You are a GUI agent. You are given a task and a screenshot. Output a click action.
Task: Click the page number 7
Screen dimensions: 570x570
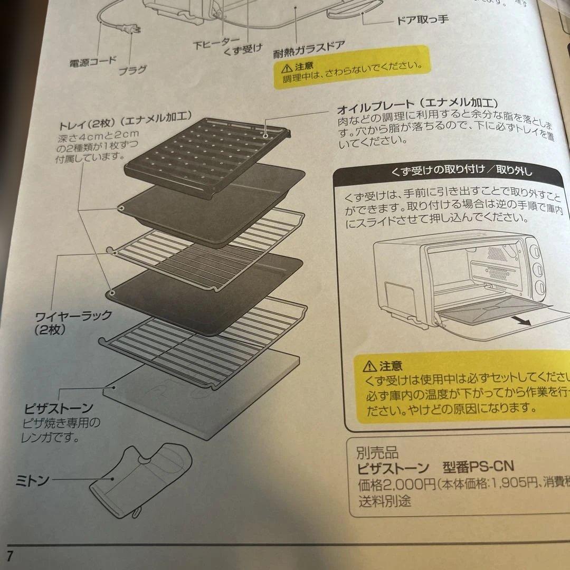coord(9,555)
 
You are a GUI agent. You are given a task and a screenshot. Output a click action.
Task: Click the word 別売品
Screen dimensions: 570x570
coord(377,453)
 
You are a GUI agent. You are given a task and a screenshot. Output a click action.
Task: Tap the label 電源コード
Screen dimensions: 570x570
coord(93,62)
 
